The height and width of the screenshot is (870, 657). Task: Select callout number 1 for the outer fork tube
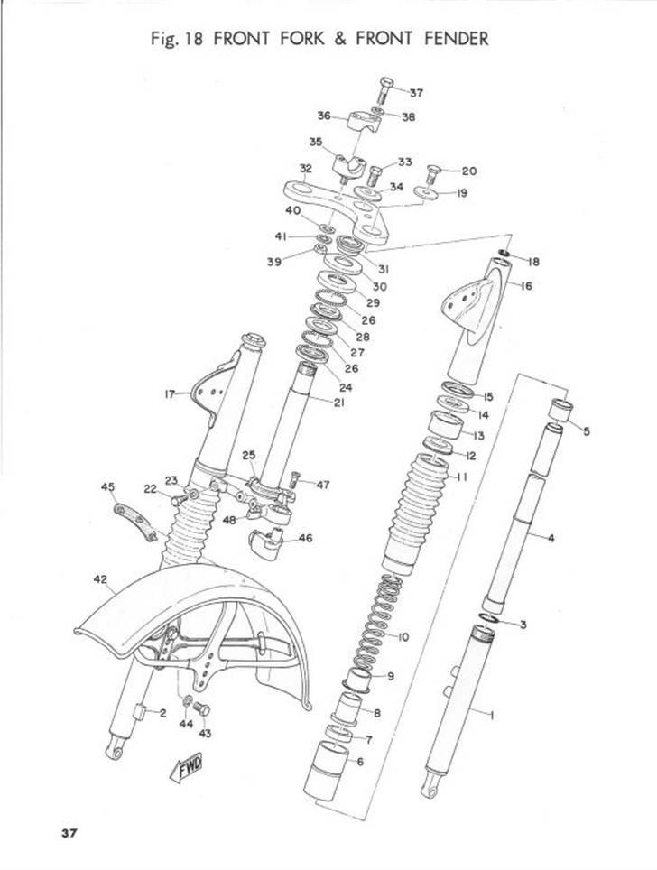[x=492, y=715]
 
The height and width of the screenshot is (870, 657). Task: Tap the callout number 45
[x=108, y=487]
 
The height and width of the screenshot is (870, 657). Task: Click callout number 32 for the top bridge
[x=306, y=169]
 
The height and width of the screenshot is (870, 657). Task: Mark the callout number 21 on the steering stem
[x=338, y=403]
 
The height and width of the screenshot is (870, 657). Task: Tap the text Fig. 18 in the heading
[x=180, y=39]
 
